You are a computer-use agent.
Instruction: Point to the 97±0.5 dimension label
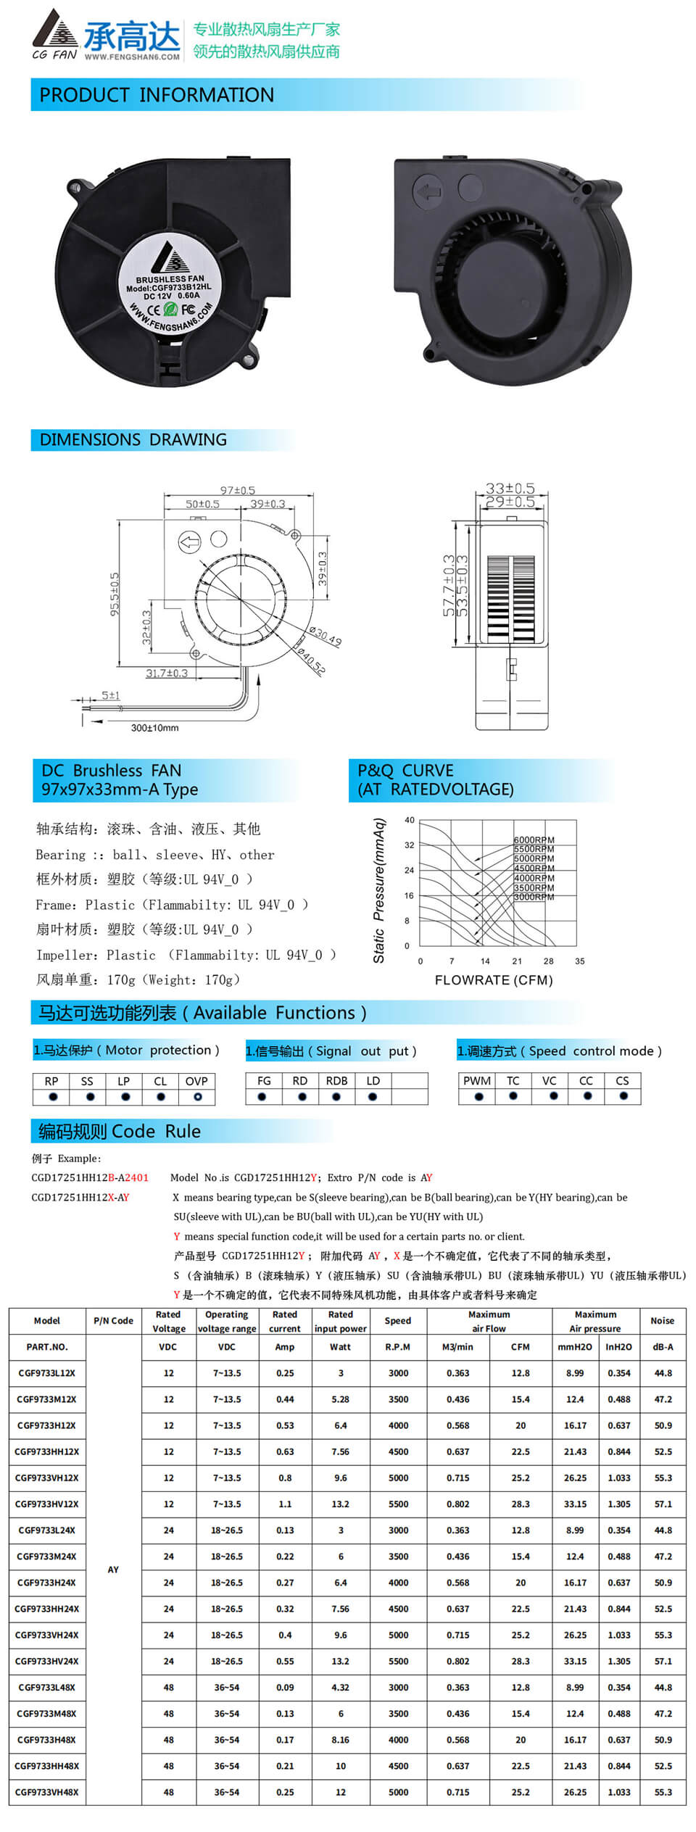(x=238, y=491)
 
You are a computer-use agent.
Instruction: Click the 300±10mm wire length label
(x=154, y=728)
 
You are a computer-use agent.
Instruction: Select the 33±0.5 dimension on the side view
(x=510, y=488)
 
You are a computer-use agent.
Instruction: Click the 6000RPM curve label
(x=534, y=840)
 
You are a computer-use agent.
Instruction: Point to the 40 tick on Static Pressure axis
(x=410, y=820)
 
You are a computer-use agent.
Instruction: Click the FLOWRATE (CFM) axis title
(x=494, y=980)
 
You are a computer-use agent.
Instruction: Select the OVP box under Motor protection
(x=196, y=1081)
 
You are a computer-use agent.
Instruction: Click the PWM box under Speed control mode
(x=477, y=1081)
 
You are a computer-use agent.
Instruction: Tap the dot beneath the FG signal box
(x=262, y=1097)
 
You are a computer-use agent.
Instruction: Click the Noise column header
(x=662, y=1321)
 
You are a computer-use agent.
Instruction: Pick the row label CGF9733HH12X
(x=47, y=1451)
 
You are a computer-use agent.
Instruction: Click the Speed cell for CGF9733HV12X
(x=398, y=1504)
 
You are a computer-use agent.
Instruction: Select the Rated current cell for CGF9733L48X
(x=285, y=1687)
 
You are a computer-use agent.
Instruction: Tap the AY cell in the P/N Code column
(x=113, y=1570)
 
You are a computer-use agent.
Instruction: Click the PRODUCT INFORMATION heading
(x=157, y=95)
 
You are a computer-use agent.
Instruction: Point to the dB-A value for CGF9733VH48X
(x=663, y=1791)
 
